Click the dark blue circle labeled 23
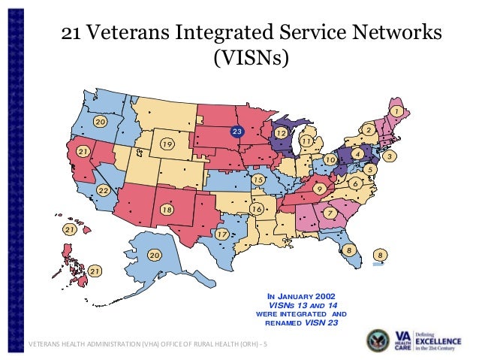(x=237, y=132)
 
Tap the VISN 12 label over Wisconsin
(x=281, y=132)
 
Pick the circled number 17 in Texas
(x=221, y=234)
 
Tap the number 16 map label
(x=257, y=207)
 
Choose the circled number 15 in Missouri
(x=258, y=180)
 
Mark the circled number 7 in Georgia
(x=329, y=213)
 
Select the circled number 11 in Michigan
(x=306, y=141)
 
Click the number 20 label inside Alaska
(x=154, y=256)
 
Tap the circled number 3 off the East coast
(x=390, y=156)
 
